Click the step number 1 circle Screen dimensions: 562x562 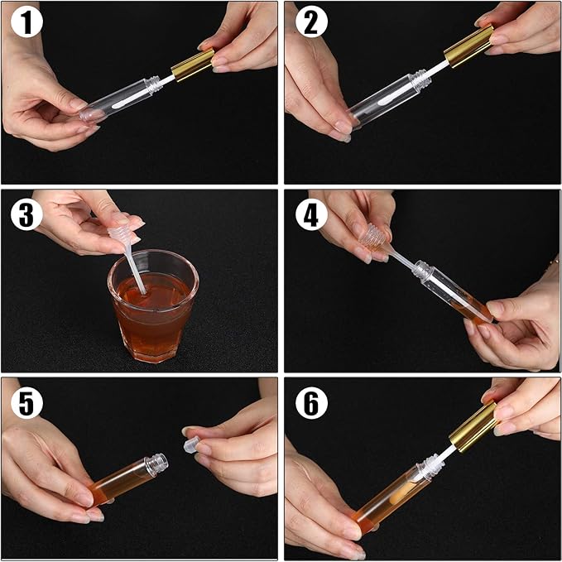(26, 24)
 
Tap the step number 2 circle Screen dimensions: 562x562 (310, 24)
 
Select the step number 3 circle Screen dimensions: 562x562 (26, 214)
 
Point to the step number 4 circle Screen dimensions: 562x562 (310, 214)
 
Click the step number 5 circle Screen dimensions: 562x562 (26, 403)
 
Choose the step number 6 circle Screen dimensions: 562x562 (310, 403)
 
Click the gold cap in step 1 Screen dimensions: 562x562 (193, 64)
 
